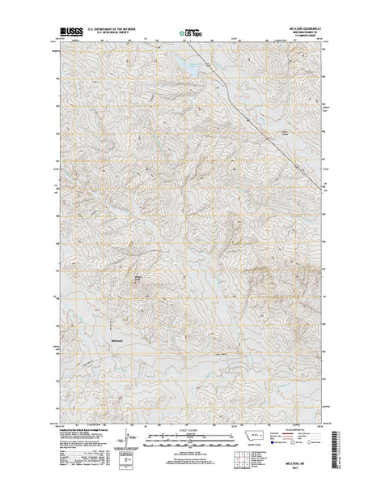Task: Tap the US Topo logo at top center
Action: [x=188, y=34]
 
